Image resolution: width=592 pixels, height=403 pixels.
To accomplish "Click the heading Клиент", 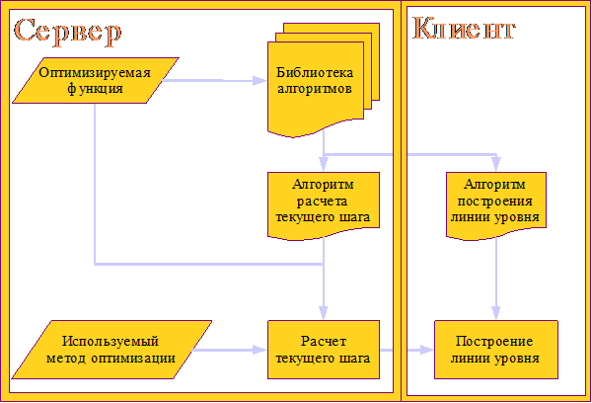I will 463,29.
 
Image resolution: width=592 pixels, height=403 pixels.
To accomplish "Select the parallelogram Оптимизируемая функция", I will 96,80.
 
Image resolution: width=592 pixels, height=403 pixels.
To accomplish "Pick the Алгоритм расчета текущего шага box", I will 324,202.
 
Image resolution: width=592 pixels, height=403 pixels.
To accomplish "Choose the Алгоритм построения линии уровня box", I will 494,202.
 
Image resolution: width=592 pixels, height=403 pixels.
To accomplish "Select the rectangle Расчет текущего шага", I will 324,350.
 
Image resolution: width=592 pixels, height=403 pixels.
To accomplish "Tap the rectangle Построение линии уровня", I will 494,350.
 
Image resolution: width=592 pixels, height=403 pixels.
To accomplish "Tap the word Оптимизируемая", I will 96,72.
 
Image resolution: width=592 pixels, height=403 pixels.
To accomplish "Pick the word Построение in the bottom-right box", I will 494,342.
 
